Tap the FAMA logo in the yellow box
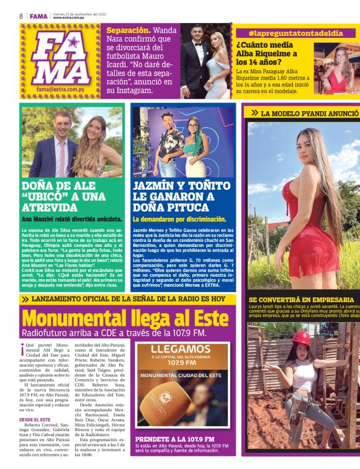60,58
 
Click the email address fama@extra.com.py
60,89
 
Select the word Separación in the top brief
128,30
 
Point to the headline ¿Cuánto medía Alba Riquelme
267,53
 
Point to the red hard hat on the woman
302,337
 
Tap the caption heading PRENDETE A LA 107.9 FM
174,439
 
